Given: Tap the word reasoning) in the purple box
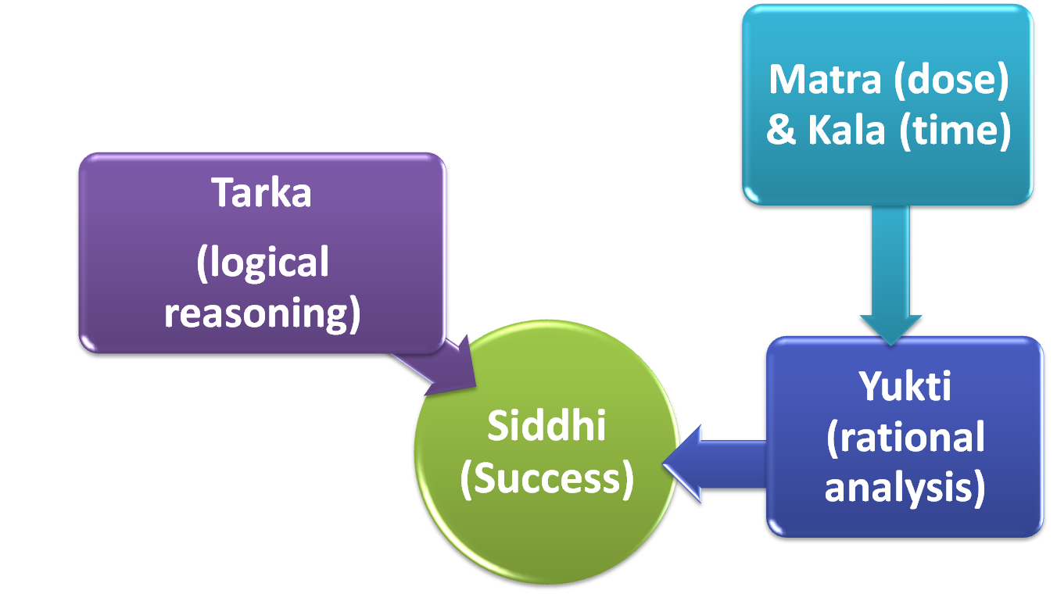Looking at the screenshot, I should click(263, 313).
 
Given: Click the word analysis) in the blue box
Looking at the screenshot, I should click(905, 488).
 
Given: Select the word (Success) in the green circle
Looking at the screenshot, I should click(546, 478).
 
